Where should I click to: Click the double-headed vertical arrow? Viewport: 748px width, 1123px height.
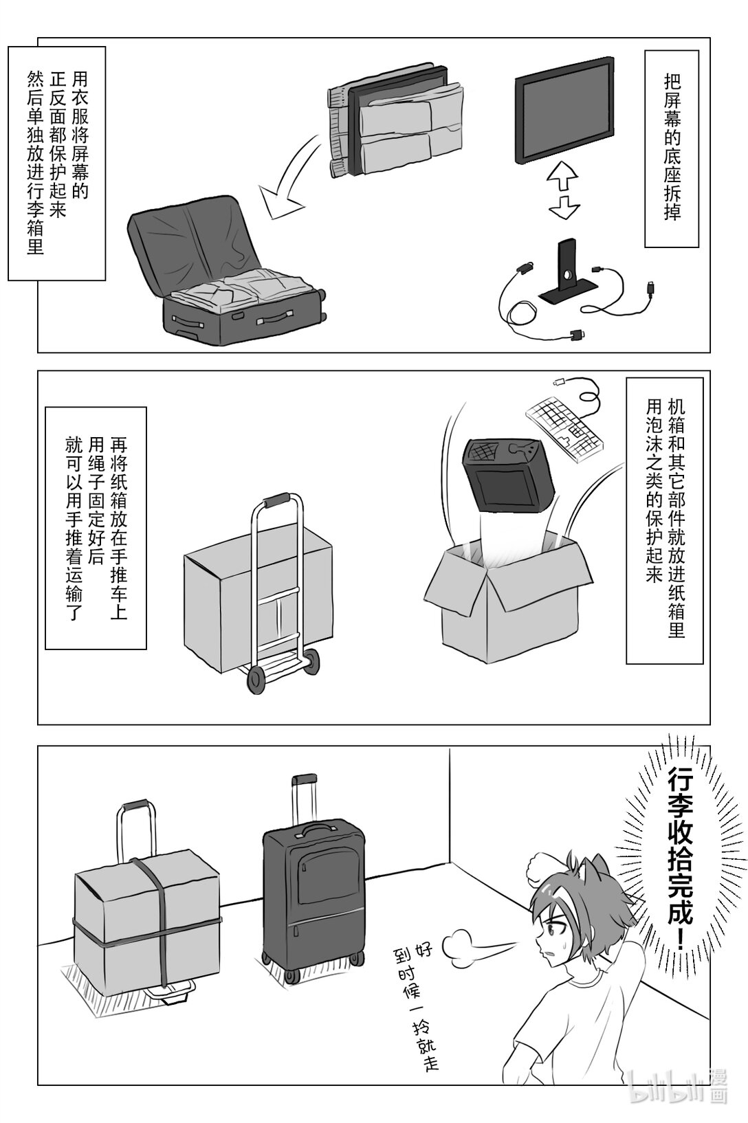pos(564,190)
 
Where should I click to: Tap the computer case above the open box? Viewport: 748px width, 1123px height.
pos(508,474)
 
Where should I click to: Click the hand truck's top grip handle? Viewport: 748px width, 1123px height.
pos(276,501)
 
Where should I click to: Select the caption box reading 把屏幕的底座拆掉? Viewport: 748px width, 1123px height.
pos(671,148)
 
